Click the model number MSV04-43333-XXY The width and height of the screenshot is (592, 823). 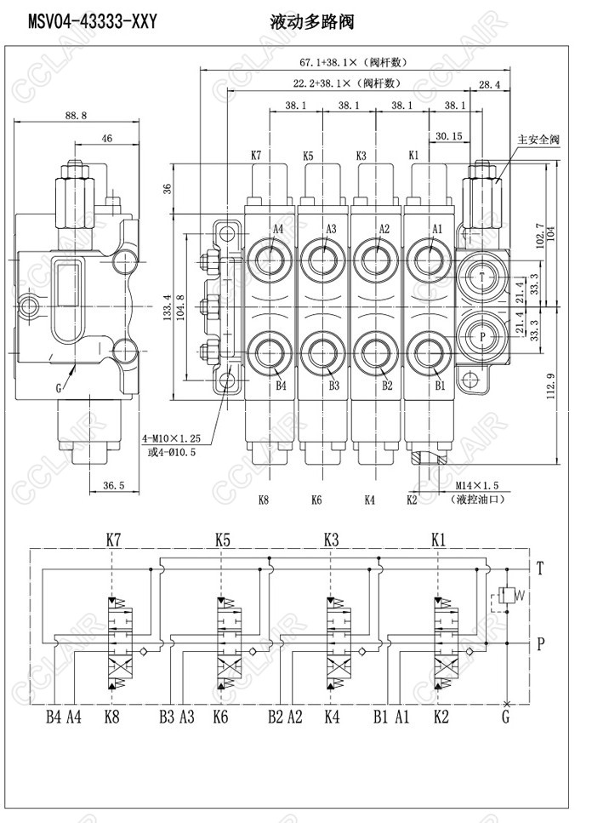coord(81,20)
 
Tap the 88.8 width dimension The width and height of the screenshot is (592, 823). coord(76,116)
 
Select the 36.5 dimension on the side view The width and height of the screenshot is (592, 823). coord(113,485)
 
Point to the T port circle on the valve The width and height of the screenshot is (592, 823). coord(483,278)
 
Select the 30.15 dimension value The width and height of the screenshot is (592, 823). coord(448,136)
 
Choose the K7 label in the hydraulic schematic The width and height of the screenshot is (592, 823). coord(114,540)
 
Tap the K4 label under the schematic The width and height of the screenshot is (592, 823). coord(332,717)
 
